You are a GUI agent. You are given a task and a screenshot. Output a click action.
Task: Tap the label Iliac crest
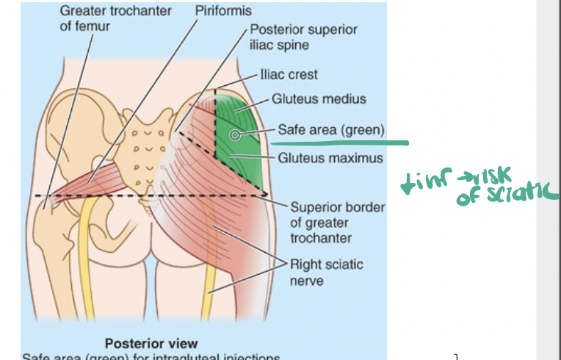[x=289, y=74]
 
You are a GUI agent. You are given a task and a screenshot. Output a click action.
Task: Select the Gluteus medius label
[x=319, y=98]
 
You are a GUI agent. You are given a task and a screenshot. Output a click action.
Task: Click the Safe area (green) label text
[x=330, y=130]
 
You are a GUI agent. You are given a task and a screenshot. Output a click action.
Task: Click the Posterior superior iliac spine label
[x=303, y=37]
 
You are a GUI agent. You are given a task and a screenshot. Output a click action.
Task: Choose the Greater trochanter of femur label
[x=115, y=18]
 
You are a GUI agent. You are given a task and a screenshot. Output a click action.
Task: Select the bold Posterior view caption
[x=151, y=343]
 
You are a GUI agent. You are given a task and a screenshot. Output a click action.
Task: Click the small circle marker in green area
[x=234, y=134]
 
